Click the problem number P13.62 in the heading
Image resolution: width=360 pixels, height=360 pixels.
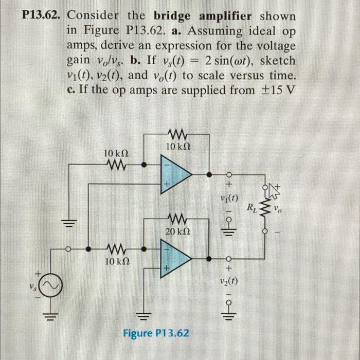pos(42,15)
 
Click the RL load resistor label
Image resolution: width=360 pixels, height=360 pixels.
pos(251,208)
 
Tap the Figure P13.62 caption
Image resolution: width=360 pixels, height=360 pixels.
pos(156,333)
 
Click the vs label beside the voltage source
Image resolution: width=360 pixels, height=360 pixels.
pos(32,284)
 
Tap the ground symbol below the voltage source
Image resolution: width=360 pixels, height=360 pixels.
pos(52,314)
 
